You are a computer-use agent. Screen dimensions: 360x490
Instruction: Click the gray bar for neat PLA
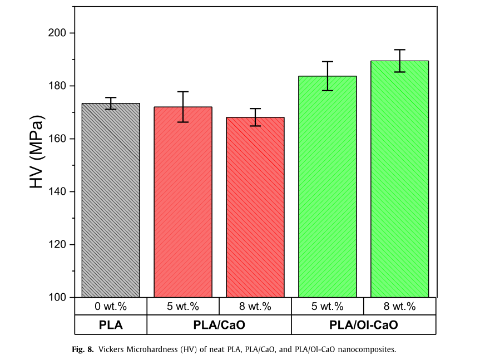[x=111, y=200]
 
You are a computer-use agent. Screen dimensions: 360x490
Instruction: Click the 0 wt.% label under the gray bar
[x=111, y=307]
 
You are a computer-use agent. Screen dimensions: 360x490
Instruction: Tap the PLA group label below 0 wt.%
[x=111, y=325]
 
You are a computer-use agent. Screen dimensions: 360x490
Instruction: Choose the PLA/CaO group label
[x=219, y=325]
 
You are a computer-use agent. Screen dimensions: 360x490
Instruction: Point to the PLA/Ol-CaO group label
[x=364, y=325]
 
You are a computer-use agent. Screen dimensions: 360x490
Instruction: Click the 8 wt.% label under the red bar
[x=255, y=307]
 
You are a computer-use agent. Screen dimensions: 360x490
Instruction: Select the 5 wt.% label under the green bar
[x=327, y=307]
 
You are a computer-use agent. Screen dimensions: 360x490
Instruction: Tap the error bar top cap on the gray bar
[x=111, y=97]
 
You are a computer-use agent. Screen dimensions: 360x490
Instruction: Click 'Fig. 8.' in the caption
[x=83, y=349]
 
